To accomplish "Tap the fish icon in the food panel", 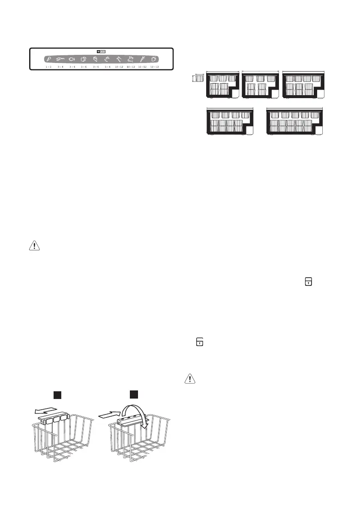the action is point(72,60).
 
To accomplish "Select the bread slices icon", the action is point(84,60).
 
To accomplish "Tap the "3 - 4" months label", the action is point(61,67).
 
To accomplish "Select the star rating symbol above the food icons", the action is point(101,51).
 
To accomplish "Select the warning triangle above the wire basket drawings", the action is point(32,246).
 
